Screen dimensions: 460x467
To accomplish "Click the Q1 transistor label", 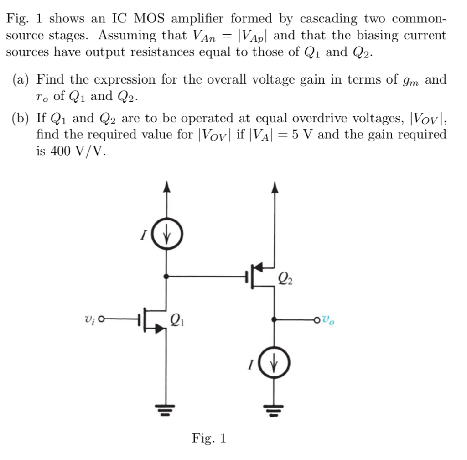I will [178, 319].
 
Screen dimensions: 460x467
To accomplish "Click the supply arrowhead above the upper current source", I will [167, 185].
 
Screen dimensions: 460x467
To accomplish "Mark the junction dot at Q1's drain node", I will [167, 276].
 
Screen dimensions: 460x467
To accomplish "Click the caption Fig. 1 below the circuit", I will [209, 439].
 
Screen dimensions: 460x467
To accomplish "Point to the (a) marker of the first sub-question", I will [21, 80].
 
